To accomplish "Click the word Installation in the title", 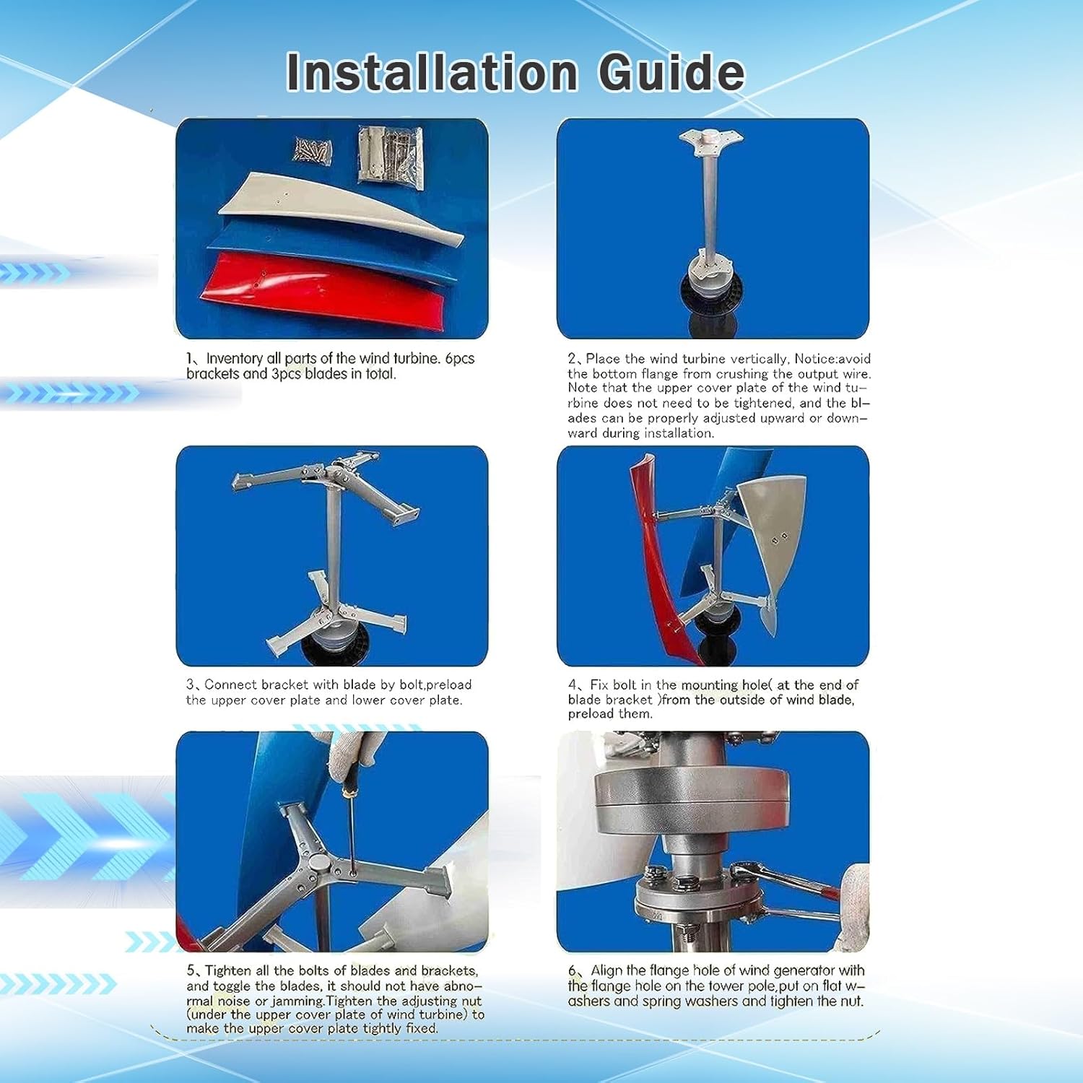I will pos(432,72).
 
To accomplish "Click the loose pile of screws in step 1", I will pos(313,150).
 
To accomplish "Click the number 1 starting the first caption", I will pos(190,359).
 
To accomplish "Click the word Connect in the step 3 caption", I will pos(230,684).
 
